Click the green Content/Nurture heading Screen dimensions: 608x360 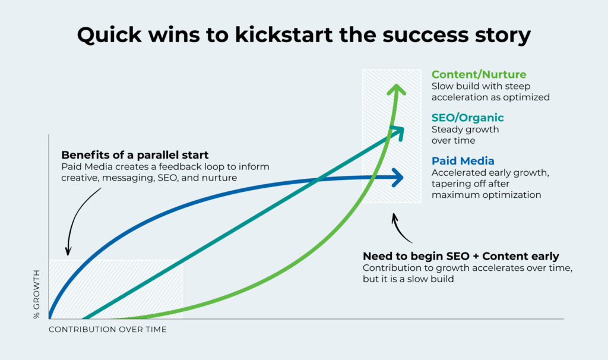479,74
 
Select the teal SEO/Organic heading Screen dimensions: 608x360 468,118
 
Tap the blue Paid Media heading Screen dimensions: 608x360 463,160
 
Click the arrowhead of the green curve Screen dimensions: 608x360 396,90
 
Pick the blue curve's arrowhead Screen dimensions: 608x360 398,178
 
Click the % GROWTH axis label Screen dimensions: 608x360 36,294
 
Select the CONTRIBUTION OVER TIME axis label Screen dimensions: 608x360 107,329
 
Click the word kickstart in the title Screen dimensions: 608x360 284,35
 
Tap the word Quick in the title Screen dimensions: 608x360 109,35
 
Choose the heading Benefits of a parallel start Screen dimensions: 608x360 135,155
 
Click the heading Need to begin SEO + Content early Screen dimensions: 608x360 461,256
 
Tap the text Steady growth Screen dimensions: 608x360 465,130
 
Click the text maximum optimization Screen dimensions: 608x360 486,195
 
